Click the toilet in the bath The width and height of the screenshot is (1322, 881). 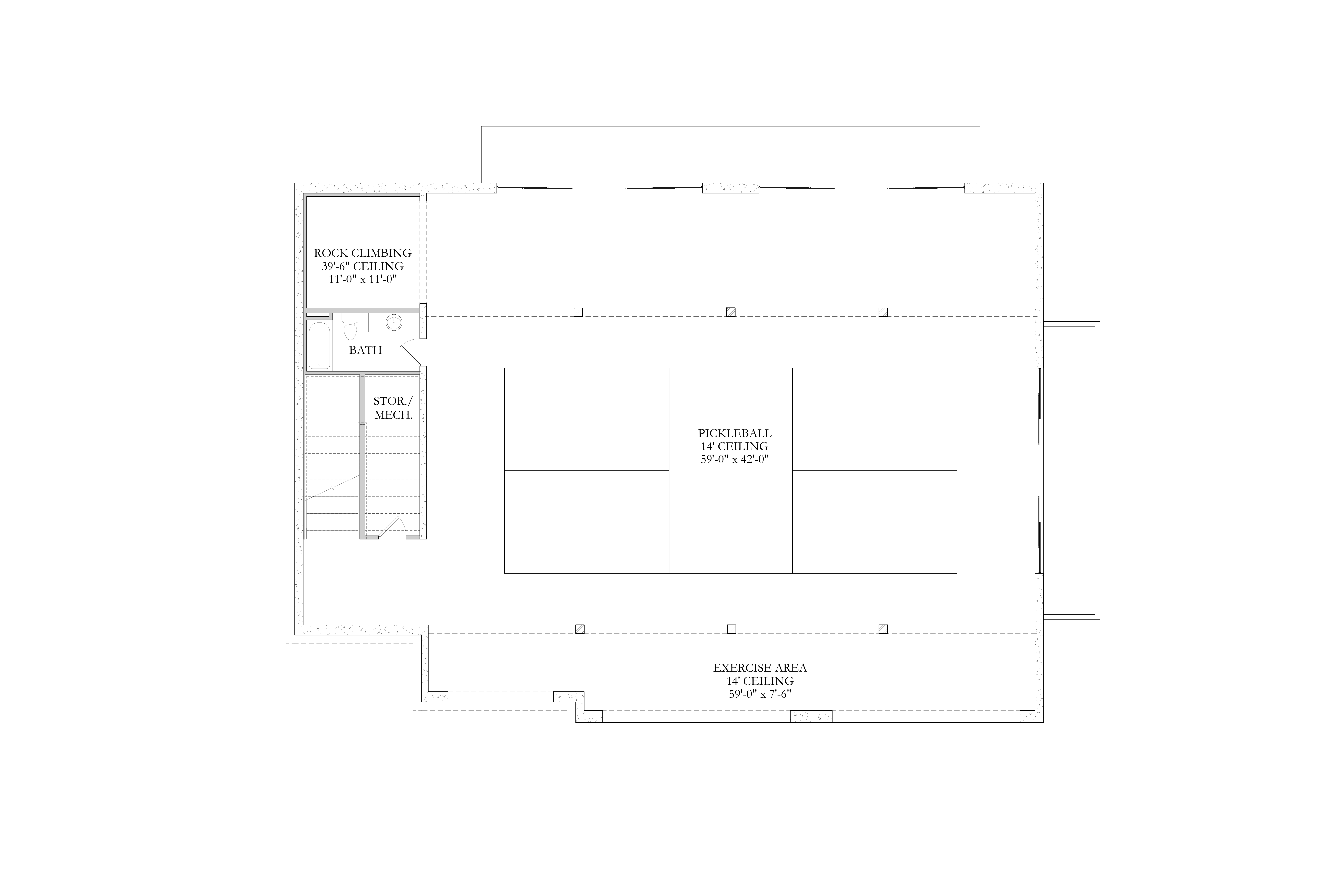[x=350, y=326]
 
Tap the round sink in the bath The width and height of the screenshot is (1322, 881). [x=394, y=322]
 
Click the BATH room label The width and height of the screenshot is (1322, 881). [x=365, y=350]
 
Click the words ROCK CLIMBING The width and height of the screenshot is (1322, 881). [x=362, y=253]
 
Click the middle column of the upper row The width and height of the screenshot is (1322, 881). [x=731, y=312]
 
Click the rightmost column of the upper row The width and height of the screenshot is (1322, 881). [x=883, y=312]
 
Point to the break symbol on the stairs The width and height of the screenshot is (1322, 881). [x=333, y=487]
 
